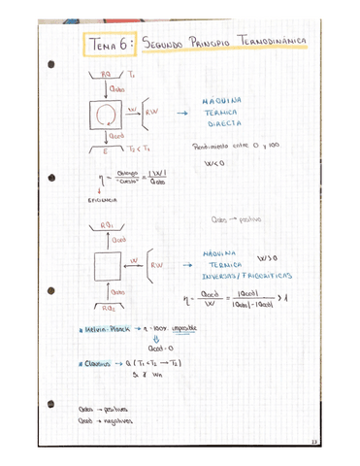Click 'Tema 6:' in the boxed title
click(x=109, y=44)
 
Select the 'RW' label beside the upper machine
click(x=152, y=113)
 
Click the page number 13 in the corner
click(x=342, y=446)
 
